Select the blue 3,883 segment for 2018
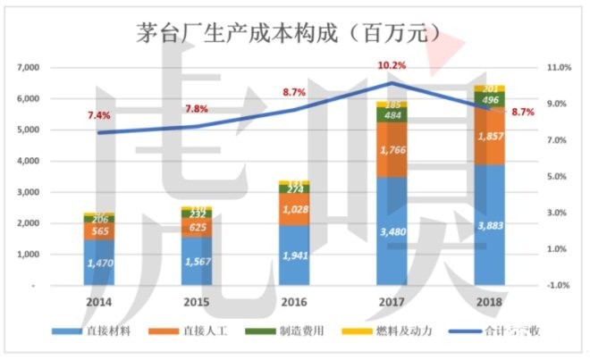click(490, 225)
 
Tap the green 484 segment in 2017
click(392, 116)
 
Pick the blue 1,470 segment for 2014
click(99, 264)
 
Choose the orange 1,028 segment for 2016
click(294, 209)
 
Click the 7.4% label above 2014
click(98, 115)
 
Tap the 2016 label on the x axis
click(294, 303)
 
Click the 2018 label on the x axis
click(490, 303)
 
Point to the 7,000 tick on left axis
click(30, 68)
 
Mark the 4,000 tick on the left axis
click(30, 161)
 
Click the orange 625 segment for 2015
click(197, 227)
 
